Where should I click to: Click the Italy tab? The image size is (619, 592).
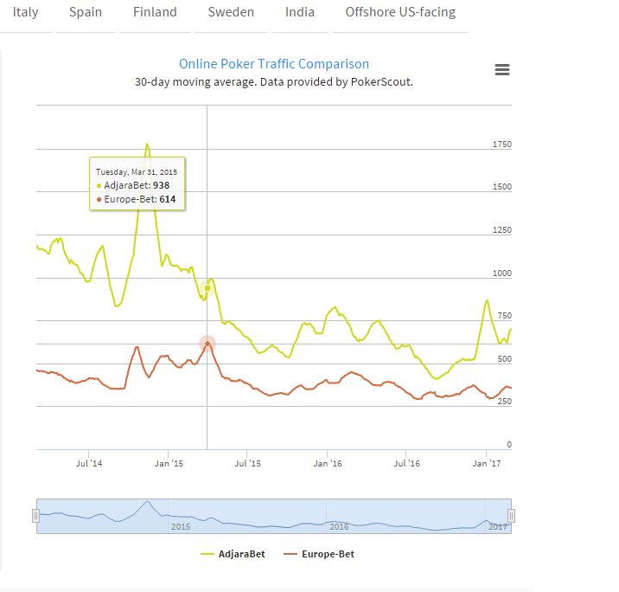click(26, 13)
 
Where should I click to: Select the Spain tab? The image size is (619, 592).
click(86, 13)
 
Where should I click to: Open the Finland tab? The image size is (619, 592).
click(155, 13)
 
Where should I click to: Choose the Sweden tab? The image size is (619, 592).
click(231, 13)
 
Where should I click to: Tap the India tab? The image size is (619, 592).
click(300, 13)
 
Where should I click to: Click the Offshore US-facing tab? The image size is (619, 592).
click(400, 13)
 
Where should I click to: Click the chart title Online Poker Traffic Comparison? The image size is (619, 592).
click(274, 64)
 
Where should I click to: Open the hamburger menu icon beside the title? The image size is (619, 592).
click(502, 70)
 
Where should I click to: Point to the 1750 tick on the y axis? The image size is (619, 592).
click(501, 144)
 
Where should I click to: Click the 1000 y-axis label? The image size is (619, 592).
click(501, 273)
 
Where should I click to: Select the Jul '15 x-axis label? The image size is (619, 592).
click(247, 464)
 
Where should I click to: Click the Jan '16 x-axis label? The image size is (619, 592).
click(327, 464)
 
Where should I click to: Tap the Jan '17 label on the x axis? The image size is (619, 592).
click(486, 464)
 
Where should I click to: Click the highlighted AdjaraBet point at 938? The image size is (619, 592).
click(207, 288)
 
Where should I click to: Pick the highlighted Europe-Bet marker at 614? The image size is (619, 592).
click(207, 344)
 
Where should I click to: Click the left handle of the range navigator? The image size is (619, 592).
click(36, 516)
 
